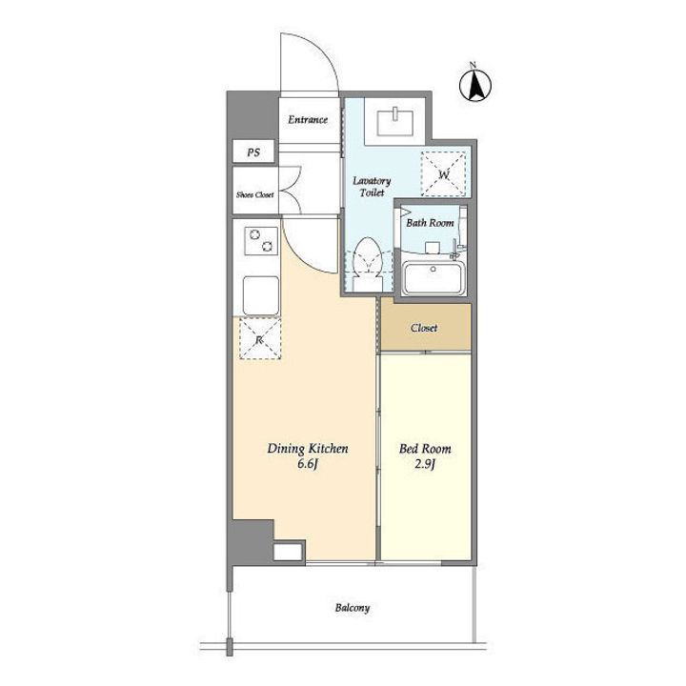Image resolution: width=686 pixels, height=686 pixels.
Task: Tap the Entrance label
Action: (308, 119)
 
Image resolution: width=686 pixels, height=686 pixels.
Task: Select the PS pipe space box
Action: (253, 151)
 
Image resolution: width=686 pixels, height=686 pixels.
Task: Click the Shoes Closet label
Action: (255, 194)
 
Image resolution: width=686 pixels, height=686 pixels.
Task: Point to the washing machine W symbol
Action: (444, 174)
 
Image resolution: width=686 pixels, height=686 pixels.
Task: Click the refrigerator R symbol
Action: (259, 339)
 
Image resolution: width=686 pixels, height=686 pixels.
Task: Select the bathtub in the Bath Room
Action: (433, 278)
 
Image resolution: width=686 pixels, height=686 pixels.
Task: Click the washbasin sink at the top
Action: (395, 120)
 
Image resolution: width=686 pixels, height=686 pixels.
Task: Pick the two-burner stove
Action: (261, 241)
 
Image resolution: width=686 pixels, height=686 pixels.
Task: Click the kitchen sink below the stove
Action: (261, 295)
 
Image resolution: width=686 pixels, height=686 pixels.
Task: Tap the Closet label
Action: (423, 328)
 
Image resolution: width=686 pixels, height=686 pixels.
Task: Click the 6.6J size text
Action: (307, 464)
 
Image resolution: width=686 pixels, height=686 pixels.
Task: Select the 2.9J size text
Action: (424, 464)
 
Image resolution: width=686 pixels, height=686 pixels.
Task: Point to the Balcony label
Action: (353, 608)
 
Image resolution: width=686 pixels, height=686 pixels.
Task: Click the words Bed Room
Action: (425, 449)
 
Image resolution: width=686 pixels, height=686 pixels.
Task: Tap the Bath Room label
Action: (430, 223)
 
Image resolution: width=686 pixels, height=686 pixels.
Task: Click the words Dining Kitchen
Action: (308, 449)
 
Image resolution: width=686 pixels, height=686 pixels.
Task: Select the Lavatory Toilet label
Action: (372, 187)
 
